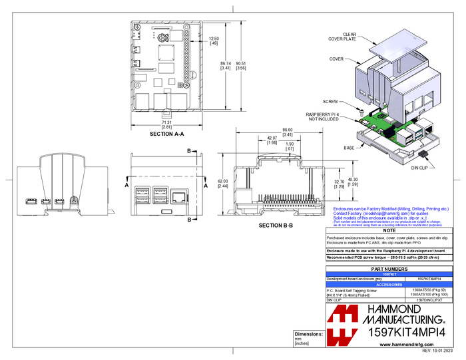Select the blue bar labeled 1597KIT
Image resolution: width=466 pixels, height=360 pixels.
point(389,274)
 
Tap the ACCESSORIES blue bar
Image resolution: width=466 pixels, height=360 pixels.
point(389,285)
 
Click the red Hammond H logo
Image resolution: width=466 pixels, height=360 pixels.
point(343,325)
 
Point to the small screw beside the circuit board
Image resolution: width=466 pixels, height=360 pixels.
point(361,112)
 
